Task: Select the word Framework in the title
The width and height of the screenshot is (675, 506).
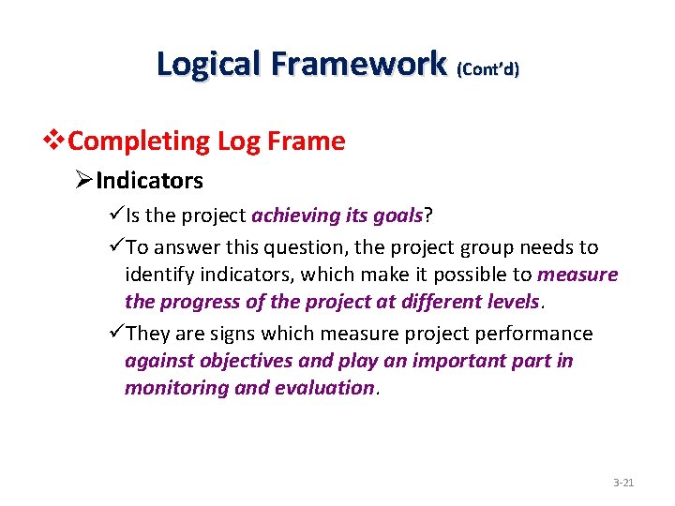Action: (357, 64)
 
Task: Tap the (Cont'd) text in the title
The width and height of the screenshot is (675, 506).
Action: (487, 68)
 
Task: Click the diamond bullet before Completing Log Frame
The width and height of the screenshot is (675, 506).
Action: (56, 141)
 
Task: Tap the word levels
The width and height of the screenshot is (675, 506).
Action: (515, 302)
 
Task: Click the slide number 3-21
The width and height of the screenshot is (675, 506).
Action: (623, 483)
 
